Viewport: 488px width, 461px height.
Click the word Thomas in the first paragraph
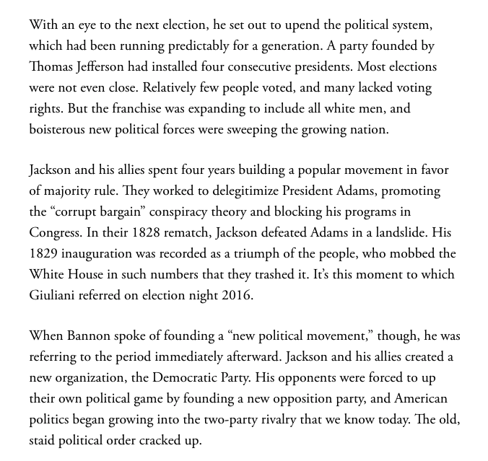coord(52,67)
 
